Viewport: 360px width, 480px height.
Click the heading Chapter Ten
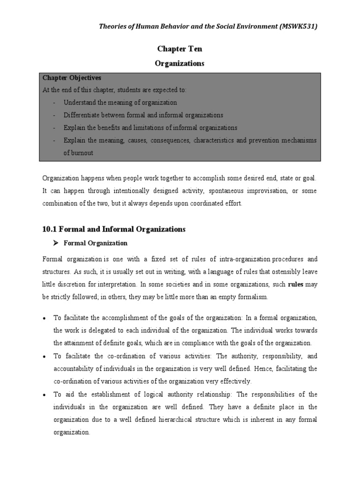(180, 49)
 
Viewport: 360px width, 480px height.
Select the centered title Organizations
(180, 64)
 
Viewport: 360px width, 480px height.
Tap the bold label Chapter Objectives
(72, 77)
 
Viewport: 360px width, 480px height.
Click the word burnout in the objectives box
(78, 153)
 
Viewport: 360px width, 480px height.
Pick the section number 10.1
(50, 229)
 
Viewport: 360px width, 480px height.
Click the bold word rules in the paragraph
(296, 284)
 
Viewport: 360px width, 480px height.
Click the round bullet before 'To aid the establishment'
(44, 394)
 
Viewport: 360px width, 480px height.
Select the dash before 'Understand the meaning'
(55, 103)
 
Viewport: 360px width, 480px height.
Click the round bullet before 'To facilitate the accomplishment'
(44, 318)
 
